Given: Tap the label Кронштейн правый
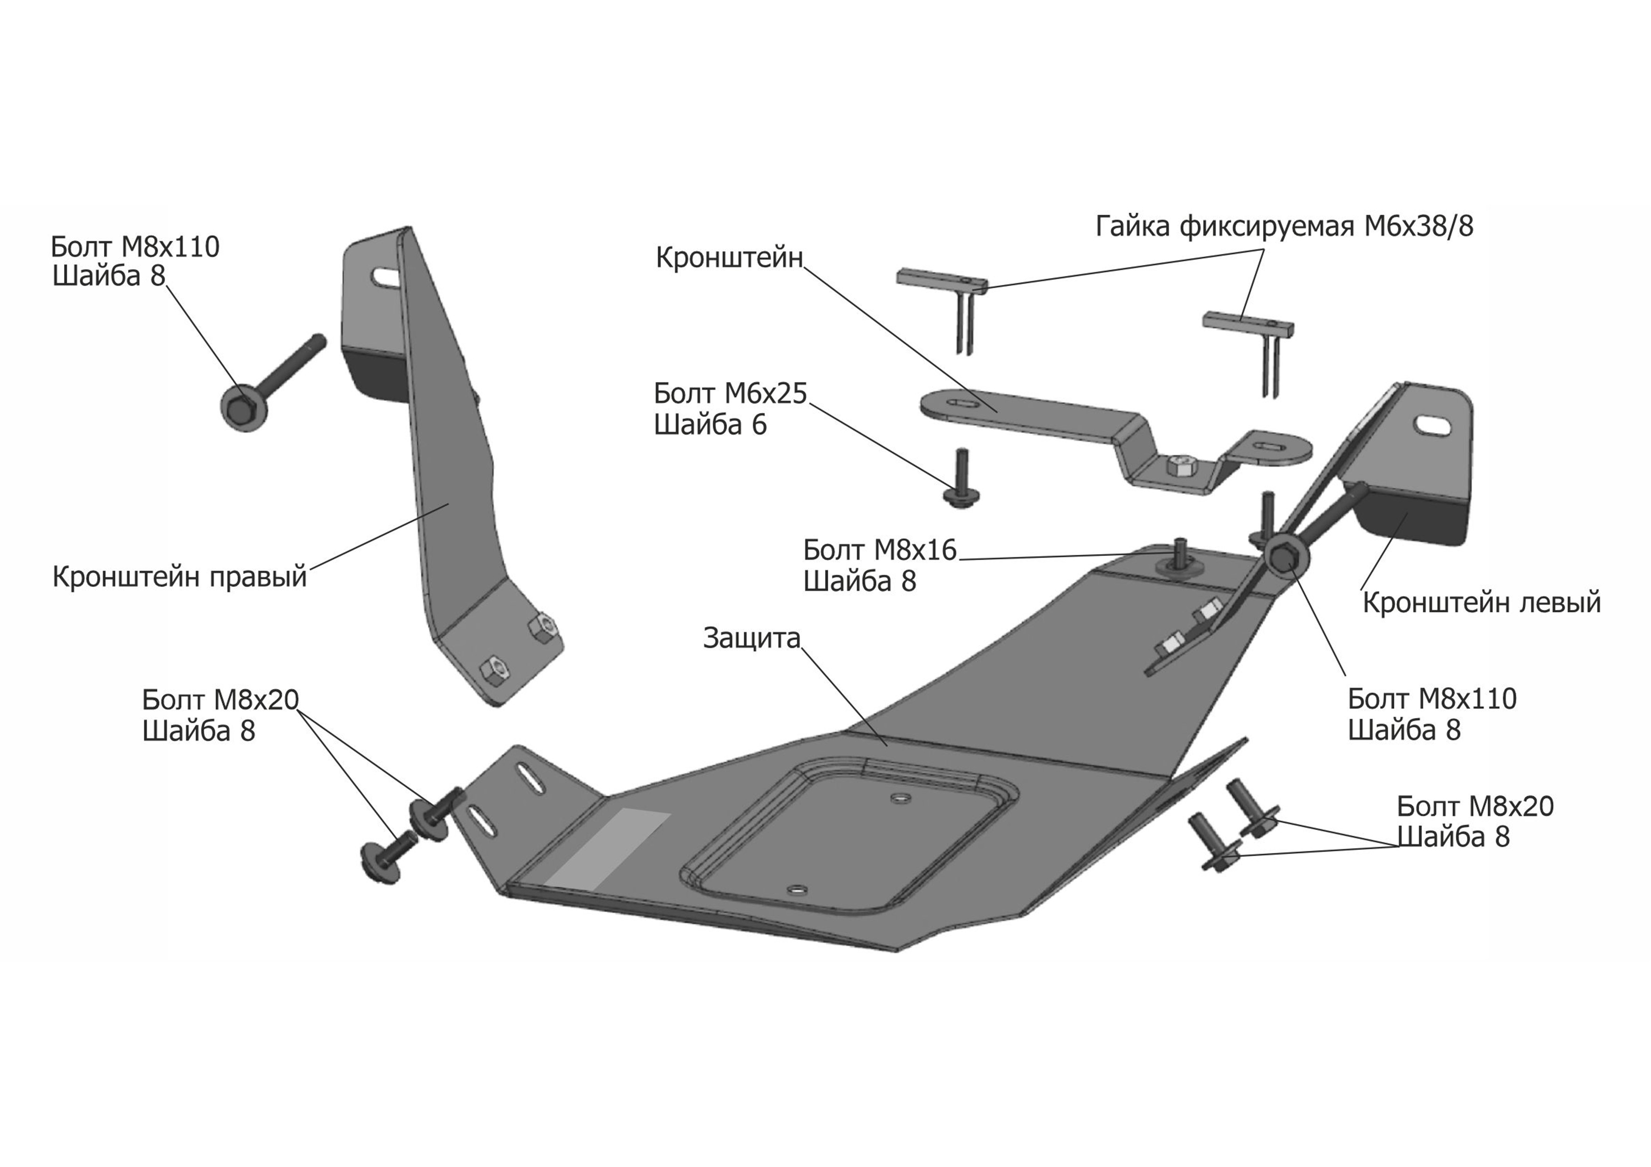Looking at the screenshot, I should pyautogui.click(x=180, y=576).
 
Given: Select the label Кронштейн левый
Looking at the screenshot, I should pyautogui.click(x=1481, y=602).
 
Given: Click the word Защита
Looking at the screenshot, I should pyautogui.click(x=752, y=638).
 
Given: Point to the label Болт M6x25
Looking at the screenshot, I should pyautogui.click(x=730, y=394).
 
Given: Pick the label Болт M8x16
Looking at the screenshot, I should pyautogui.click(x=880, y=550).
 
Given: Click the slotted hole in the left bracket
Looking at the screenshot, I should pyautogui.click(x=1432, y=424).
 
